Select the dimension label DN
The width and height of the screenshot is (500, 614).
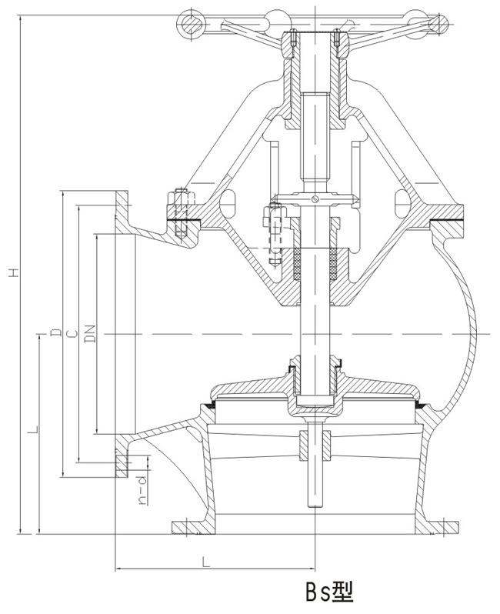(x=90, y=333)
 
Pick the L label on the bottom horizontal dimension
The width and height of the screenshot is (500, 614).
(x=206, y=561)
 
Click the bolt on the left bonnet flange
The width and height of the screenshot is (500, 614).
(x=182, y=209)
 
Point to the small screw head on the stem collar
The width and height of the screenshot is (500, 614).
(x=312, y=201)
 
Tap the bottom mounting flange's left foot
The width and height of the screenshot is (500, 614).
(x=187, y=527)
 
